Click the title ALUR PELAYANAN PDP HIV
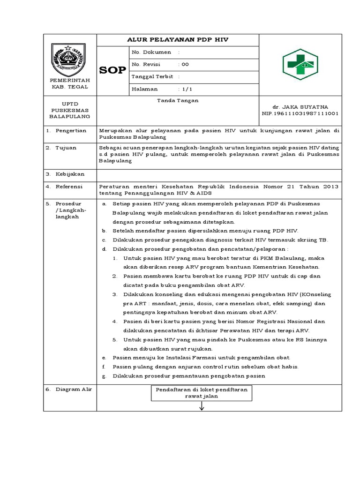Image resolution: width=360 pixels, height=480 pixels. point(178,40)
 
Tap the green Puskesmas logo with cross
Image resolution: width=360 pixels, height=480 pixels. point(300,64)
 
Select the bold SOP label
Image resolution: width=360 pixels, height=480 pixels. point(112,71)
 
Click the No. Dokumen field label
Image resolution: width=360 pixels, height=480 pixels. point(151,52)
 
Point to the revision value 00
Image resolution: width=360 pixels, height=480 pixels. point(185,65)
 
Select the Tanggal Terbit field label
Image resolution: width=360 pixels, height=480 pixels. point(153,77)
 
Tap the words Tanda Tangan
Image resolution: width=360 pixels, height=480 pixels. point(178,101)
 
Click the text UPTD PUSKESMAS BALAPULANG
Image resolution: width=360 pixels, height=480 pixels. point(70,110)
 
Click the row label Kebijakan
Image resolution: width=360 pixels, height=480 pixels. point(70,174)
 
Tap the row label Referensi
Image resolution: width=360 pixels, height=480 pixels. point(69,187)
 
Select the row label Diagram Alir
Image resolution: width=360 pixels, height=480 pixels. point(74,390)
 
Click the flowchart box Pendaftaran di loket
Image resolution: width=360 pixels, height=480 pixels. point(202,392)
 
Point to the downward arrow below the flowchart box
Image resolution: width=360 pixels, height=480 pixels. point(202,406)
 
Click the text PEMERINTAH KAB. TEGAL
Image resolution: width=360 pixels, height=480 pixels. point(69,84)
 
